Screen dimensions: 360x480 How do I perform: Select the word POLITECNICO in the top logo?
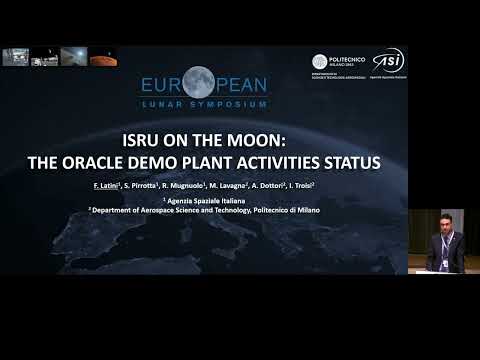pyautogui.click(x=348, y=58)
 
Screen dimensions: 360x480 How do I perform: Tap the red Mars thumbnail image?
pyautogui.click(x=103, y=57)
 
